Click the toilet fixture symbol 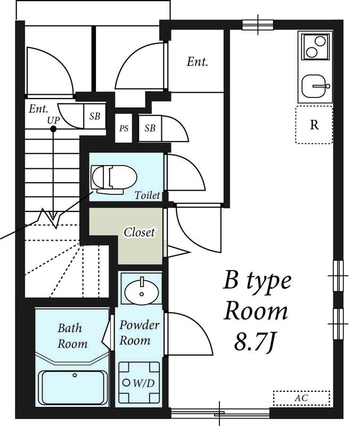(114, 179)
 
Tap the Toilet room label (148, 195)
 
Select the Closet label (139, 232)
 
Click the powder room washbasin (142, 291)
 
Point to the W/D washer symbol (139, 382)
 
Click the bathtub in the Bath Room (73, 388)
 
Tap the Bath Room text (72, 336)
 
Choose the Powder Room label (139, 332)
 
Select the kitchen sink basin (314, 86)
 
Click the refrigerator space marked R (314, 125)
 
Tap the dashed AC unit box (301, 398)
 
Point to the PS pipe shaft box (124, 128)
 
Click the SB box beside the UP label (94, 116)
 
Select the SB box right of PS (150, 128)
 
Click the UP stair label (53, 120)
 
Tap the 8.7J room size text (254, 341)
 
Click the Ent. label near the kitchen (197, 62)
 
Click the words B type (257, 281)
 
